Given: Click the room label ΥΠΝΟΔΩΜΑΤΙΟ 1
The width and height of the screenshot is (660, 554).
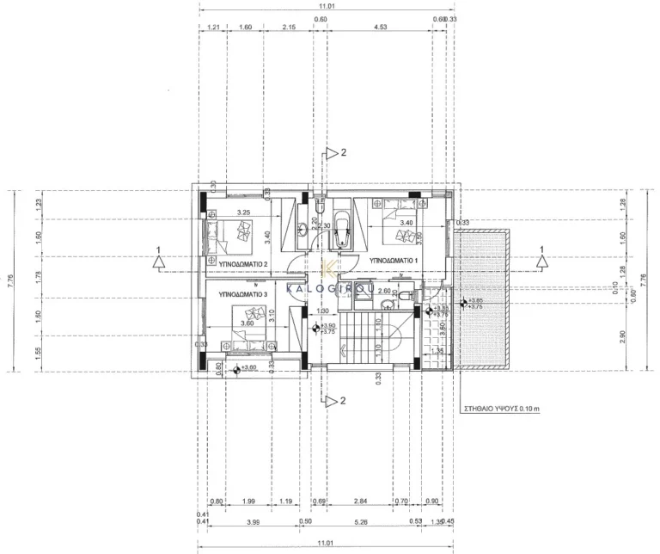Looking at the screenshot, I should point(393,260).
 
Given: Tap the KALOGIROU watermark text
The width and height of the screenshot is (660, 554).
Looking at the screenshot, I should point(330,290).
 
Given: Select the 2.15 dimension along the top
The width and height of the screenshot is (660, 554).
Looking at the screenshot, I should point(289,28).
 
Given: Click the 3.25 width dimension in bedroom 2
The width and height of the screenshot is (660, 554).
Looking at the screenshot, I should point(243,212).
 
